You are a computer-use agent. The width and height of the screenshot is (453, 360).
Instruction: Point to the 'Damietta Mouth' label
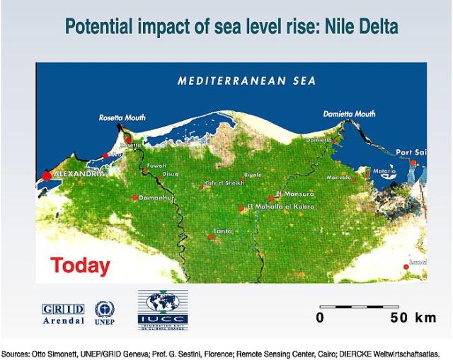[x=349, y=113]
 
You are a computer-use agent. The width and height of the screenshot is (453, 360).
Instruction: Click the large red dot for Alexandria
[x=47, y=174]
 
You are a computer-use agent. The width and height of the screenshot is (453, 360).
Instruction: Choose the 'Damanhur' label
[x=156, y=197]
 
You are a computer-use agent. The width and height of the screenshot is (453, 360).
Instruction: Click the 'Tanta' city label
[x=224, y=231]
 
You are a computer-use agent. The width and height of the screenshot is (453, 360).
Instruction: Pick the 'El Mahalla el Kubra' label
[x=282, y=207]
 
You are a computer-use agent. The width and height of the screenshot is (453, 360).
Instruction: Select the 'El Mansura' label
[x=294, y=193]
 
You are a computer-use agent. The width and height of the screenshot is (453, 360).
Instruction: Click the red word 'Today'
[x=80, y=266]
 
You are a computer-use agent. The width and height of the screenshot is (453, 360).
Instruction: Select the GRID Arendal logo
[x=64, y=313]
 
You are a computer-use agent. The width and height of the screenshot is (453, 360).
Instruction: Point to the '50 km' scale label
[x=413, y=318]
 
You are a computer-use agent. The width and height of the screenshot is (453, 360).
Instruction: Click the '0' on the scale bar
[x=320, y=318]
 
